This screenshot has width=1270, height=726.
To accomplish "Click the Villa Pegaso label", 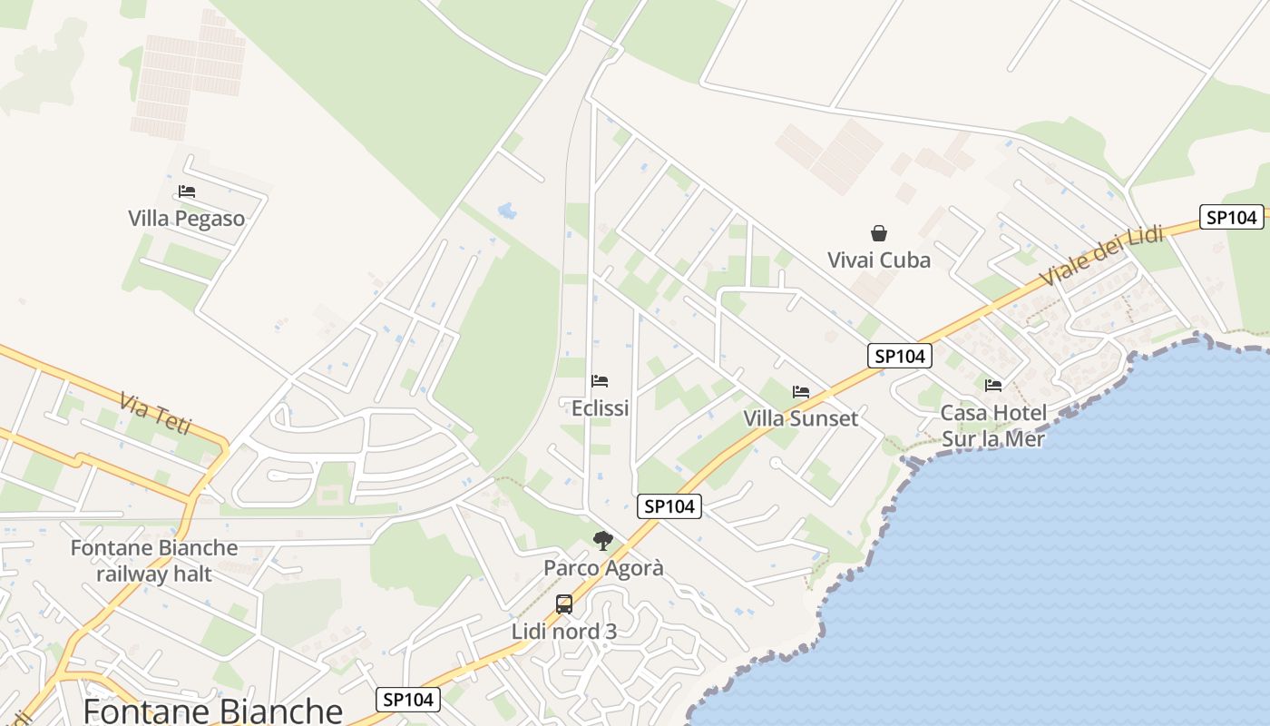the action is [186, 219].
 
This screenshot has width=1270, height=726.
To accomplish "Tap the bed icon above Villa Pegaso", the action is [187, 191].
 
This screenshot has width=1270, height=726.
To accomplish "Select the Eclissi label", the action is [600, 408].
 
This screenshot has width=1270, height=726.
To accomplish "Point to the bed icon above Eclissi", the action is [599, 381].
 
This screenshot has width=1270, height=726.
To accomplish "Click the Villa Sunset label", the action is [800, 418].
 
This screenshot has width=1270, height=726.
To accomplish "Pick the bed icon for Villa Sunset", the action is [800, 392].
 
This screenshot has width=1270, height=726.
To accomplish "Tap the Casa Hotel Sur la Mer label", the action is [993, 426].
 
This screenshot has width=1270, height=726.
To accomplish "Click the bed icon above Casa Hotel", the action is [993, 385].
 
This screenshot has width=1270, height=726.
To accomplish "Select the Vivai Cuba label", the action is [878, 260].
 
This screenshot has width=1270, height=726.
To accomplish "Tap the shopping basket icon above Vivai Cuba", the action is [878, 233].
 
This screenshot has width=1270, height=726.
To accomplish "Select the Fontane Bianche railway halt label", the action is [154, 561].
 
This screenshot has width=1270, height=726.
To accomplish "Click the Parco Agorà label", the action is [603, 568].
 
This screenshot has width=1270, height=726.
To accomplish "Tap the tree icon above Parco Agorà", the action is [602, 542].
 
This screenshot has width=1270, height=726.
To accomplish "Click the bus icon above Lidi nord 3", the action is [563, 604].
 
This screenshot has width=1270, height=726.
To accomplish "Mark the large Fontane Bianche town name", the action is [212, 711].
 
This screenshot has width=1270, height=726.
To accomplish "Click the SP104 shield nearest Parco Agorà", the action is [669, 506].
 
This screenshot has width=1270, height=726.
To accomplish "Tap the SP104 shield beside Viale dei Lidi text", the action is [1231, 217].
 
